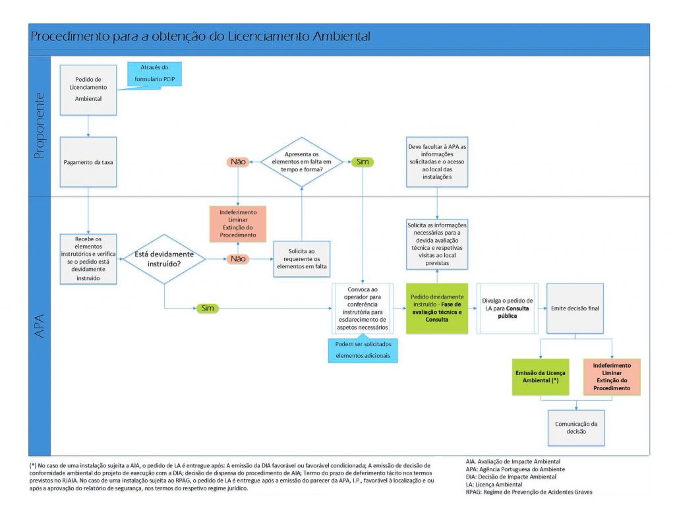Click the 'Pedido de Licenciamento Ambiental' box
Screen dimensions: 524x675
(88, 89)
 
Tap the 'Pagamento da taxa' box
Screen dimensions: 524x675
(88, 161)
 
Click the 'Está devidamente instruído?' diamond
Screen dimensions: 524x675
(163, 259)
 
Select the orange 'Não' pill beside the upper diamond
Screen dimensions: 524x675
(237, 161)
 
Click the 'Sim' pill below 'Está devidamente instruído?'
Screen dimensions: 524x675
(206, 308)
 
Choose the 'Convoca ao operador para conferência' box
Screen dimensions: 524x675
(363, 308)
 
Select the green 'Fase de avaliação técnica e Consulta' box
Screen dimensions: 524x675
(436, 308)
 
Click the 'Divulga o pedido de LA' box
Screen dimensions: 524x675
(508, 308)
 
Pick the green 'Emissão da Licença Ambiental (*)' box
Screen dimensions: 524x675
(541, 376)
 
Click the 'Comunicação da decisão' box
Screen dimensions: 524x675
(575, 428)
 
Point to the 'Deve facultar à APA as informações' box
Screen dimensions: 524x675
(436, 163)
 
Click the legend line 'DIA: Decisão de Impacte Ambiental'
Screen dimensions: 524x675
(510, 477)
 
